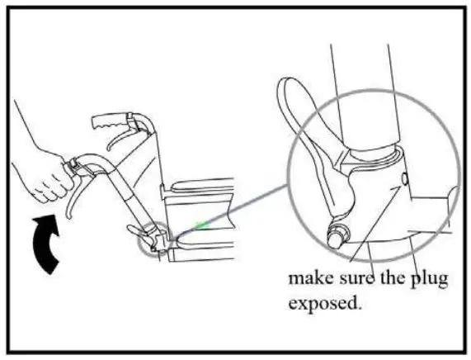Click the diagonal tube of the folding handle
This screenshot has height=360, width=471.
pyautogui.click(x=124, y=198)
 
